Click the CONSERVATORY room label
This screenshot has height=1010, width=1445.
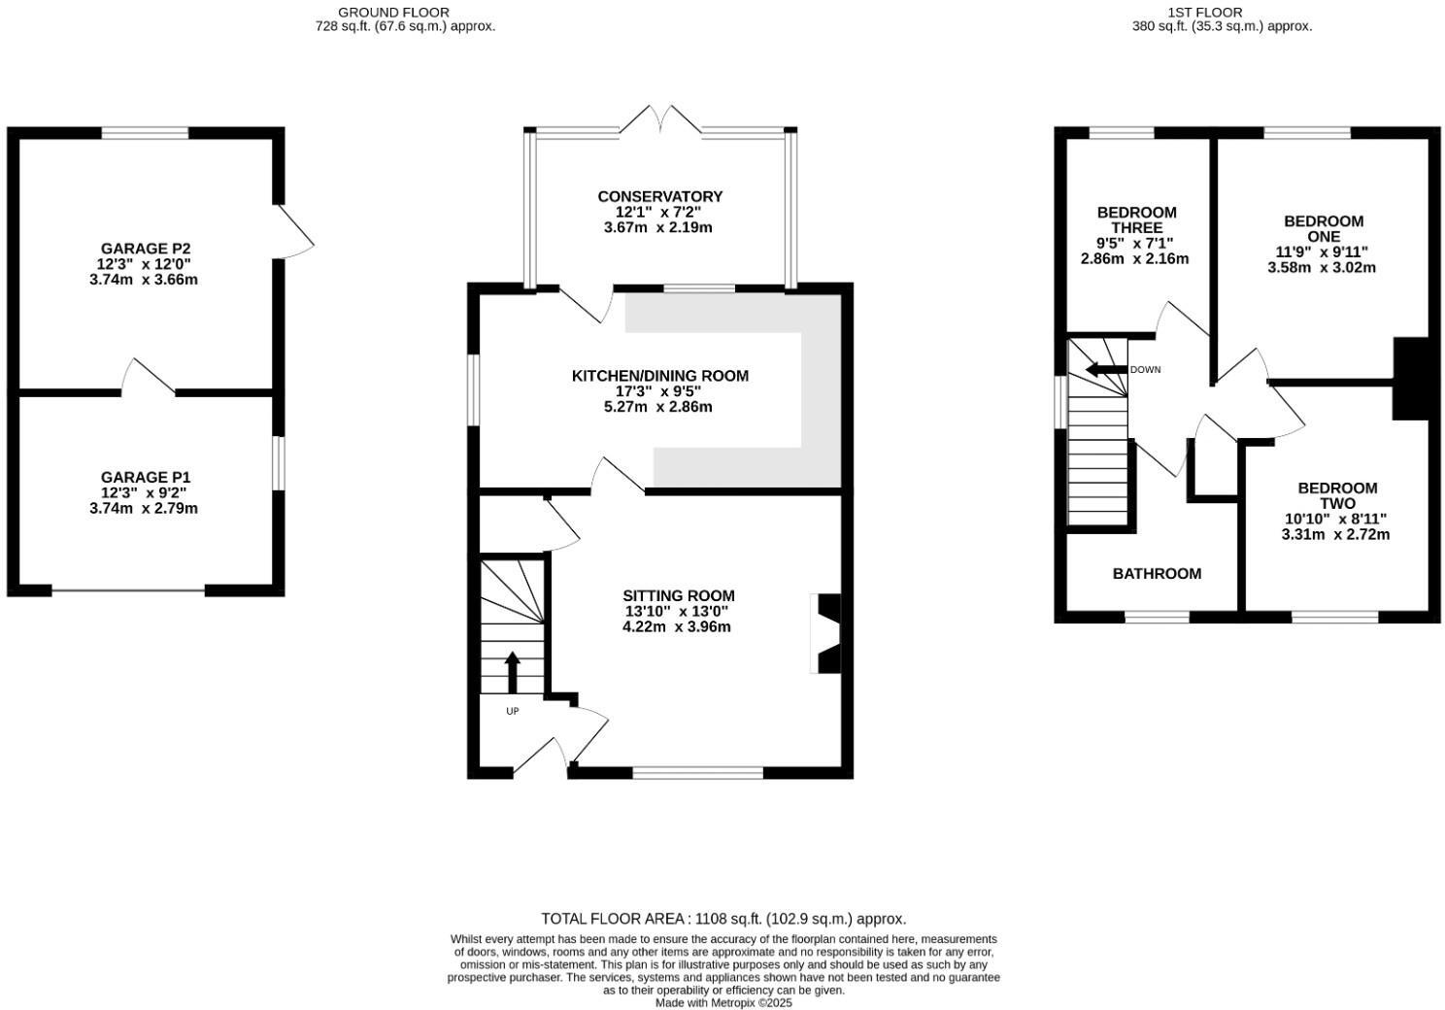659,196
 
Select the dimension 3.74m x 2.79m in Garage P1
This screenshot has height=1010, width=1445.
143,508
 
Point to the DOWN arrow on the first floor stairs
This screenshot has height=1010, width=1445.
1104,369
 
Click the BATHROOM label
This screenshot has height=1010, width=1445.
1157,574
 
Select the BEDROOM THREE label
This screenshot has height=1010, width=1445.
1136,219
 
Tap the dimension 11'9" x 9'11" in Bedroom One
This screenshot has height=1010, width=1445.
1322,252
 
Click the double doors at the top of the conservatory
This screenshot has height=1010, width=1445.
661,120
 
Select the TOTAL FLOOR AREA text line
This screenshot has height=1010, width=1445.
722,919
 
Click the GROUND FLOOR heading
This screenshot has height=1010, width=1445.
393,12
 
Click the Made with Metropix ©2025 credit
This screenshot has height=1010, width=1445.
723,1003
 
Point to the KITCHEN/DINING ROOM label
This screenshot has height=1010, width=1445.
659,376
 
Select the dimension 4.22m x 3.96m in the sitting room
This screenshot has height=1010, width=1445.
676,627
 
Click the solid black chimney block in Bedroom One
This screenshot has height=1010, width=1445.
1411,379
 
